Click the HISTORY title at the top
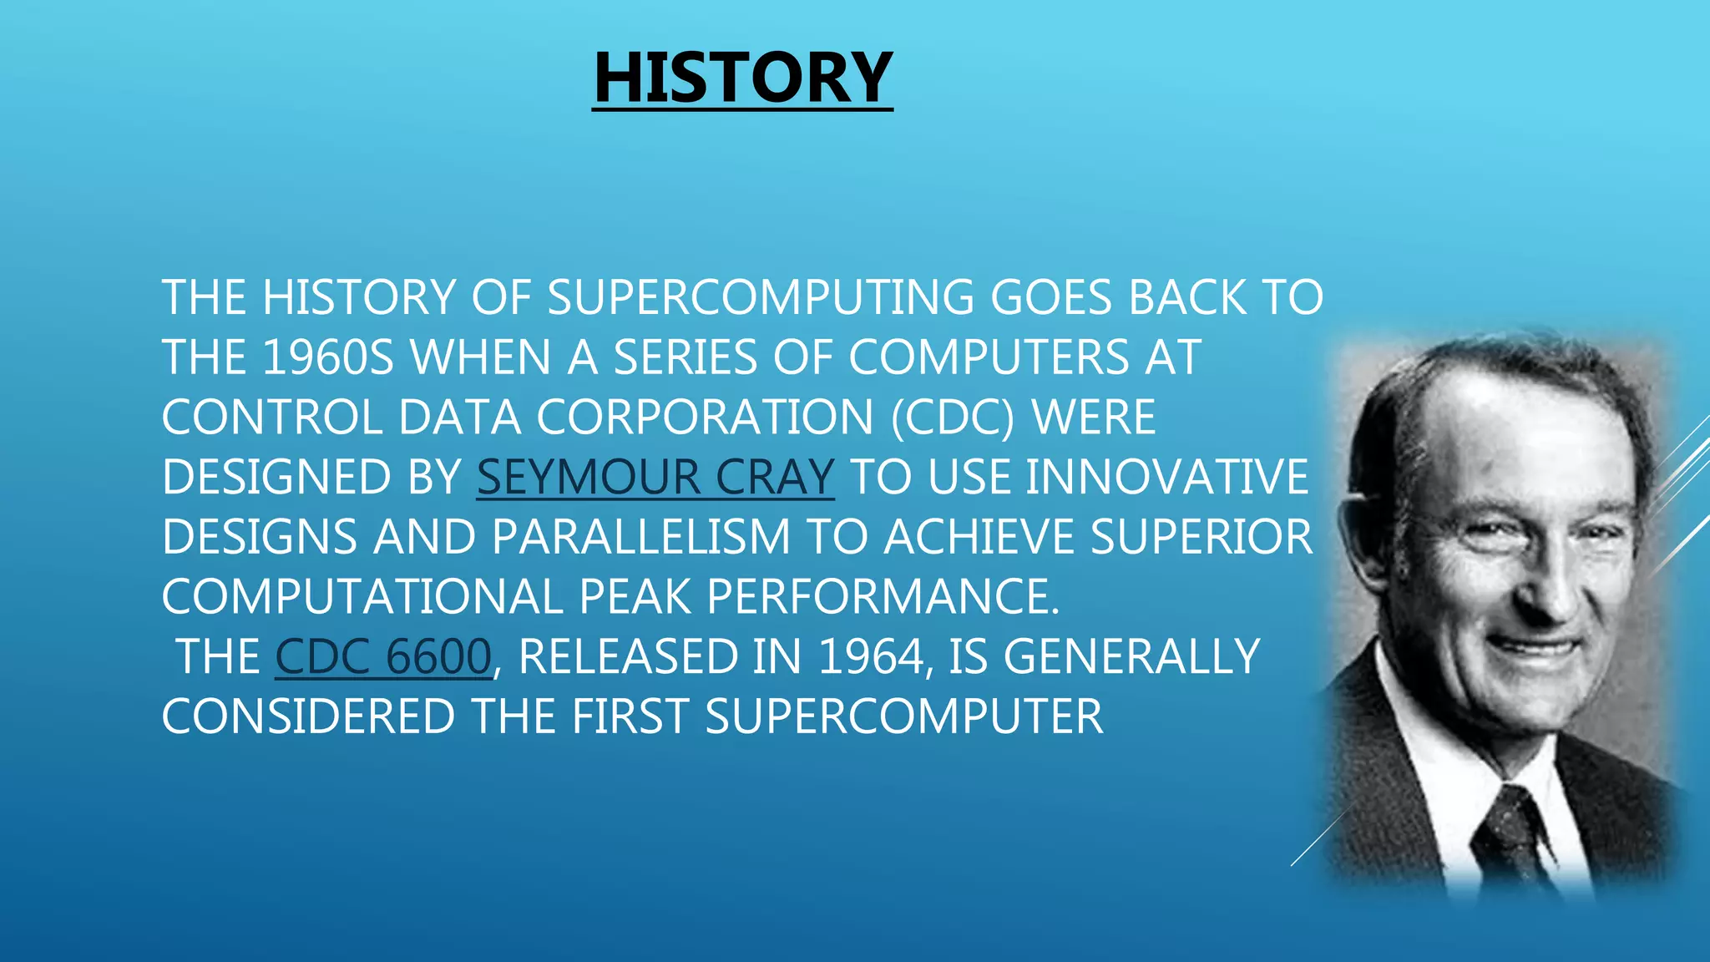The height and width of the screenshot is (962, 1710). click(742, 77)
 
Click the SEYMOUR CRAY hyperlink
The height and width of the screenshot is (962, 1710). click(655, 477)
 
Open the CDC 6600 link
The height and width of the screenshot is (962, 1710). click(383, 656)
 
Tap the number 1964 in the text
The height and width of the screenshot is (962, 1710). click(870, 656)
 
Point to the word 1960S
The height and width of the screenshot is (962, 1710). click(327, 357)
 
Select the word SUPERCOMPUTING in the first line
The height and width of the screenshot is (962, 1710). click(760, 297)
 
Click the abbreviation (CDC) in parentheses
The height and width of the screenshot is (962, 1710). click(952, 417)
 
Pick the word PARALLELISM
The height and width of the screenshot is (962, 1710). click(640, 536)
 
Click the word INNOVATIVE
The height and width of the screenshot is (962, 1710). click(1166, 477)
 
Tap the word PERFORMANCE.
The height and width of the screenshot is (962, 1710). click(883, 596)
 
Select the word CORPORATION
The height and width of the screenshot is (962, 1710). click(705, 417)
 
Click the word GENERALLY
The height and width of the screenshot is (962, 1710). click(1131, 656)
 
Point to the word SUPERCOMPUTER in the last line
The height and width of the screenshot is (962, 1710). click(903, 716)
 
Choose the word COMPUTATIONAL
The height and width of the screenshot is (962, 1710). click(362, 596)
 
